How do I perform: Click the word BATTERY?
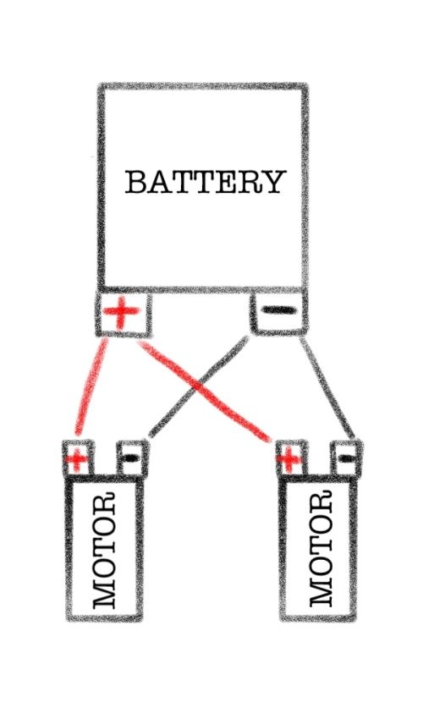point(204,182)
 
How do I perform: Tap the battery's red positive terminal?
point(121,314)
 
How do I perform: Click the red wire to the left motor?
point(91,389)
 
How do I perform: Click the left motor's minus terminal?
point(132,458)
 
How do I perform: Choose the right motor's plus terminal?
point(289,458)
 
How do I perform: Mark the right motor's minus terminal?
point(345,459)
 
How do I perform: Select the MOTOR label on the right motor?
point(320,551)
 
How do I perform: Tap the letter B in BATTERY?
point(137,183)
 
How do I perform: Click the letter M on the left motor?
point(105,595)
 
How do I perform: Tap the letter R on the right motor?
point(320,505)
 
